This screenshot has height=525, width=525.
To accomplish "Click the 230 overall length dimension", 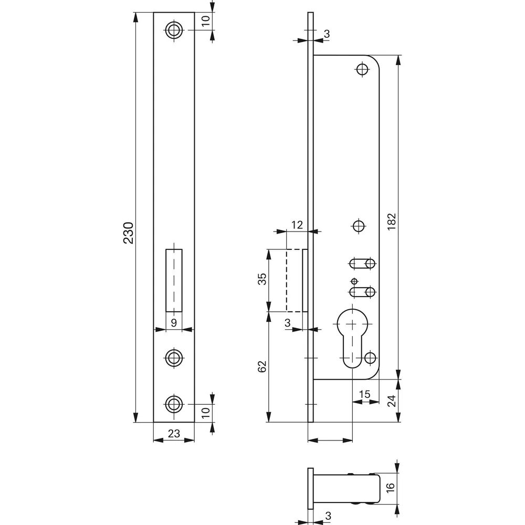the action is (x=129, y=233).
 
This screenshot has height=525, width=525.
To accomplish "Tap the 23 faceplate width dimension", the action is (x=174, y=434).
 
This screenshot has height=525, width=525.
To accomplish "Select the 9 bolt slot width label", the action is (x=174, y=323).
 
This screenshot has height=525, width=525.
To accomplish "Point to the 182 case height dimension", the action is (x=392, y=221).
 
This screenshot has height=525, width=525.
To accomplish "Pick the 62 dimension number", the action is (x=262, y=366).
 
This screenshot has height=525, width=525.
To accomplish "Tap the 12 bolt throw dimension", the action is (x=297, y=225).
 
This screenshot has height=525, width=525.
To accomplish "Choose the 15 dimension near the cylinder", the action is (x=365, y=394).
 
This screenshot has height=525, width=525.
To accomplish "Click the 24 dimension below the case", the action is (x=392, y=401).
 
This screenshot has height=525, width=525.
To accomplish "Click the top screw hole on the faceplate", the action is (x=174, y=30).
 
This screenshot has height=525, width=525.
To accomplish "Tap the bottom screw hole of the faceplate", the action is (x=174, y=404).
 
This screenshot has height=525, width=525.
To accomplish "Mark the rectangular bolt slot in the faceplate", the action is (x=174, y=280).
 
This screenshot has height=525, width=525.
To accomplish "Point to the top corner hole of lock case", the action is (x=362, y=70).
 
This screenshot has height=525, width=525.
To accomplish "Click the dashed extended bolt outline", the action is (x=295, y=280).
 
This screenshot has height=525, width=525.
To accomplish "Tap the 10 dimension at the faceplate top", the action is (x=205, y=21).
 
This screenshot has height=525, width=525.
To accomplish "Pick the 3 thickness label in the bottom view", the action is (x=328, y=516).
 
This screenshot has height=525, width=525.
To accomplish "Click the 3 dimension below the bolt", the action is (x=287, y=323).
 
